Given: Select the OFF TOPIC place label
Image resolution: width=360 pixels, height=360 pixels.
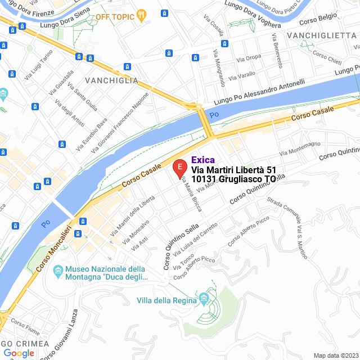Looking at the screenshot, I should [115, 17].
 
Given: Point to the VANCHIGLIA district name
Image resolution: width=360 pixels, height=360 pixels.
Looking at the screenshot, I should [111, 80].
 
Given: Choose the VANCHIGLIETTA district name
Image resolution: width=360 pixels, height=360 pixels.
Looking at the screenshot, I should [321, 35].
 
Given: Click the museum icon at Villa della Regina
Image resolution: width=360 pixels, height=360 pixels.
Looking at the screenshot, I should [203, 298].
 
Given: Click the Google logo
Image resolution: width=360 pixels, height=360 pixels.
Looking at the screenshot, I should [19, 353].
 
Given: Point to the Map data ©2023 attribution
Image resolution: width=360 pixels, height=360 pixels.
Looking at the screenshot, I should [336, 355].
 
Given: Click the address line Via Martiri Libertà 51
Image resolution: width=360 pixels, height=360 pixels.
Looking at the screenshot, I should [234, 169].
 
